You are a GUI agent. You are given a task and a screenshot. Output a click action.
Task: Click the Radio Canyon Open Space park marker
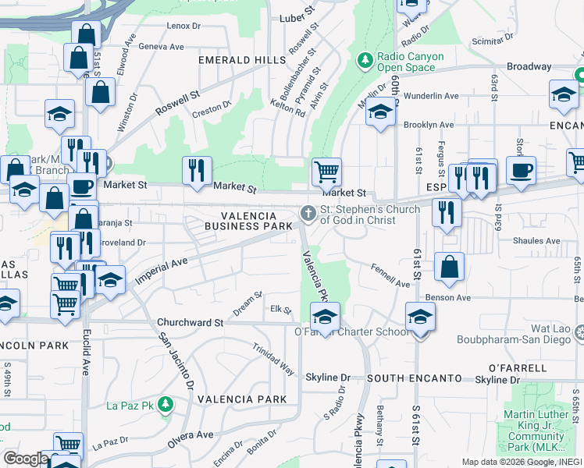click(365, 60)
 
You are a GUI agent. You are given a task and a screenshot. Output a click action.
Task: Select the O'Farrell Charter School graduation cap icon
click(324, 316)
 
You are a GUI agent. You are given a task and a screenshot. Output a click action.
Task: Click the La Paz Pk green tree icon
click(165, 404)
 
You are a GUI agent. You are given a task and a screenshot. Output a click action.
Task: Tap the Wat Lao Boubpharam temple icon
click(579, 333)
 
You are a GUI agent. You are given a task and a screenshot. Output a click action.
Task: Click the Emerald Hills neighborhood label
click(242, 60)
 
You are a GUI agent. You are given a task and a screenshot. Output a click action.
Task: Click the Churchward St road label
click(190, 321)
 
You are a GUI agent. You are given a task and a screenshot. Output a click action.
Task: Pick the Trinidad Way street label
click(273, 359)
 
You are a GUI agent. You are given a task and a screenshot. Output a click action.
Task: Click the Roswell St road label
click(177, 102)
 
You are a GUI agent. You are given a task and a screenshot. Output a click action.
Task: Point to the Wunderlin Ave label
click(430, 96)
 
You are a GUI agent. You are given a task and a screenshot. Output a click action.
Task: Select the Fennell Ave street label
click(390, 278)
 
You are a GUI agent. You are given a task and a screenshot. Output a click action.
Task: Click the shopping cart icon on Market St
click(326, 170)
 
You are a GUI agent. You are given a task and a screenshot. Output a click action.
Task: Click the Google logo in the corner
click(26, 459)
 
